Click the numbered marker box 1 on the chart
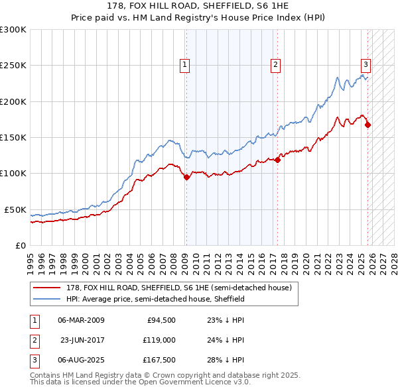point(184,64)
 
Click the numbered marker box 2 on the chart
point(275,64)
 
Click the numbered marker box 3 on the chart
point(365,64)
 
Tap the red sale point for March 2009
point(186,177)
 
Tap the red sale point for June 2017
point(277,160)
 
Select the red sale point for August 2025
point(367,125)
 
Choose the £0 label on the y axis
point(20,245)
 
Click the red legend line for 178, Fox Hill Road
point(48,287)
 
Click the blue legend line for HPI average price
point(48,299)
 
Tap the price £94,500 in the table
point(161,320)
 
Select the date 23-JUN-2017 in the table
point(82,340)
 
